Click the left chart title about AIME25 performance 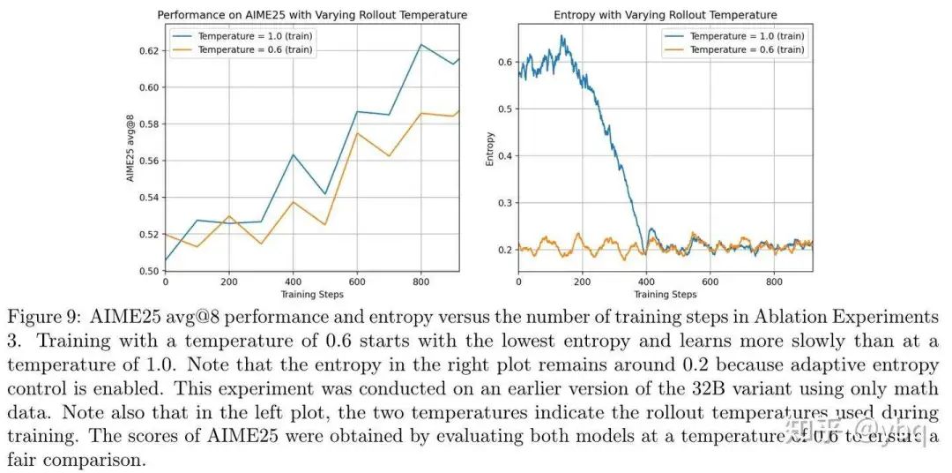312,15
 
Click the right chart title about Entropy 665,15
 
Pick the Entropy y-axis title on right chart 490,149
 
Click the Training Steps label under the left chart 312,294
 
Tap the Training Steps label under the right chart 665,294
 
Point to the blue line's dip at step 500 325,194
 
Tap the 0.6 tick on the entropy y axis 504,62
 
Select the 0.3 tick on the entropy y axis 504,203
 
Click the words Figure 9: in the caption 44,317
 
